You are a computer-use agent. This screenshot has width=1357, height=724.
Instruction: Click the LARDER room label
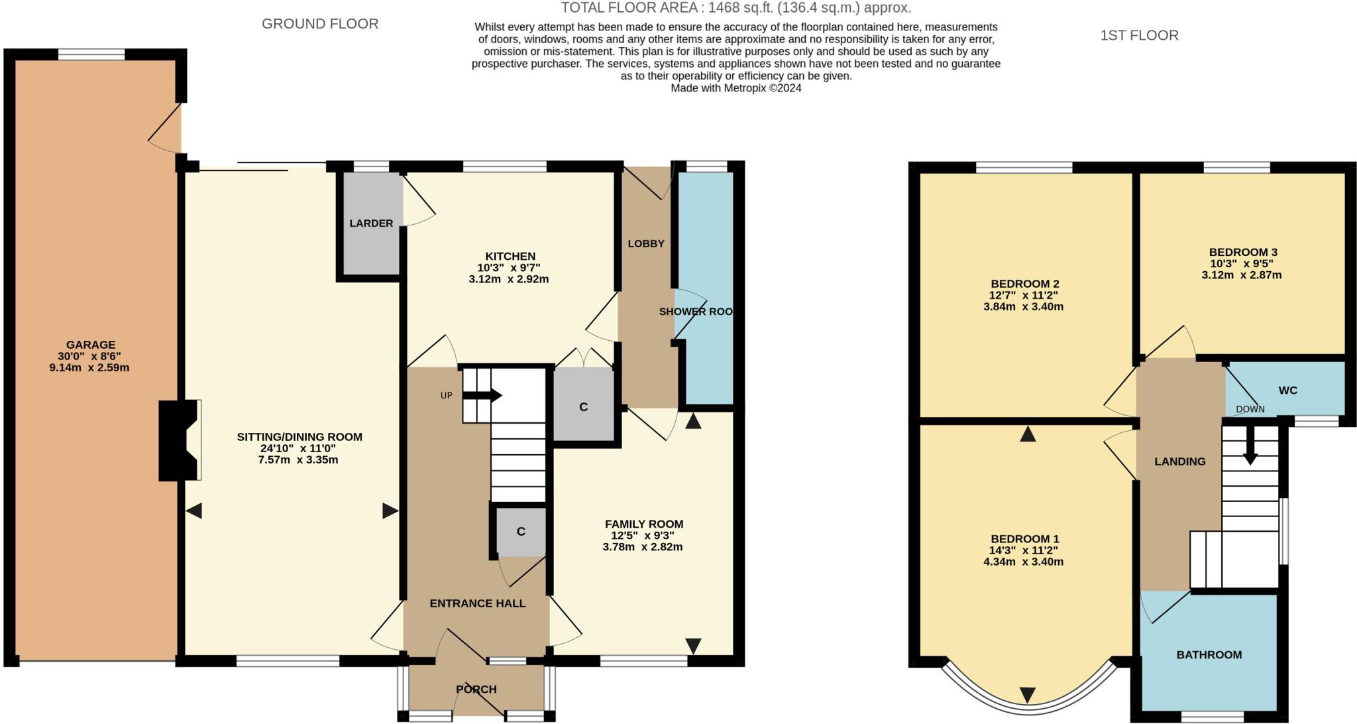tap(371, 223)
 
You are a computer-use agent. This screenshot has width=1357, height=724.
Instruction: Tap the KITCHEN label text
tap(510, 257)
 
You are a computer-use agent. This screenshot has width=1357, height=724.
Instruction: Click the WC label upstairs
tap(1287, 391)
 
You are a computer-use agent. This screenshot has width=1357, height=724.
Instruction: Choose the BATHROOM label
tap(1209, 655)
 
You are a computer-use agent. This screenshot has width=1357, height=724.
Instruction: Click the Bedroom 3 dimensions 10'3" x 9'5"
tap(1242, 263)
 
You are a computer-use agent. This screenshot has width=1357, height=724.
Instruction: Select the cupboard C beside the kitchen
tap(583, 407)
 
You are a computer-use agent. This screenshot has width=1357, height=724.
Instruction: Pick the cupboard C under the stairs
tap(521, 532)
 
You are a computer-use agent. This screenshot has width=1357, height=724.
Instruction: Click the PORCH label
tap(476, 690)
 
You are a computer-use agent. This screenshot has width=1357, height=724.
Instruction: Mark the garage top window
tap(91, 54)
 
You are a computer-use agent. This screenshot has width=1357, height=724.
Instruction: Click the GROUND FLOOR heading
tap(320, 24)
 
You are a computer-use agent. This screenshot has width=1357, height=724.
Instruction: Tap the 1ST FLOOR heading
tap(1139, 35)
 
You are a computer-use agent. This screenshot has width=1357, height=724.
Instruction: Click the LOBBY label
tap(645, 243)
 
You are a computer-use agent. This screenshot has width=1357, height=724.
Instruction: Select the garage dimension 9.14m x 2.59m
tap(89, 367)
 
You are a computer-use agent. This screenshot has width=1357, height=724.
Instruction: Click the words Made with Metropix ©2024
tap(735, 88)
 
